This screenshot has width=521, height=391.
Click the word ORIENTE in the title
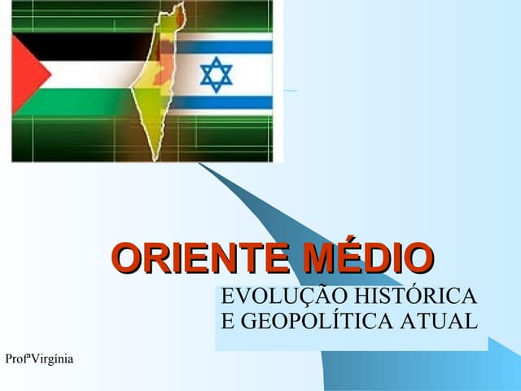(x=203, y=258)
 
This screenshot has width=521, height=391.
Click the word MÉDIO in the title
(x=367, y=258)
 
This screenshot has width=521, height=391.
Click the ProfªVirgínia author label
(x=38, y=359)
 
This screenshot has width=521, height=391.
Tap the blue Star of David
(x=216, y=74)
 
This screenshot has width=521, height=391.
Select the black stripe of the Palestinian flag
(x=81, y=46)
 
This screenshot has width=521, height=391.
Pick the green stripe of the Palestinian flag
(x=81, y=101)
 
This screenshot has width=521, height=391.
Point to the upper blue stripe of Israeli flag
(x=228, y=46)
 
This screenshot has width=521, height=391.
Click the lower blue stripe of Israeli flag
(x=228, y=103)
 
